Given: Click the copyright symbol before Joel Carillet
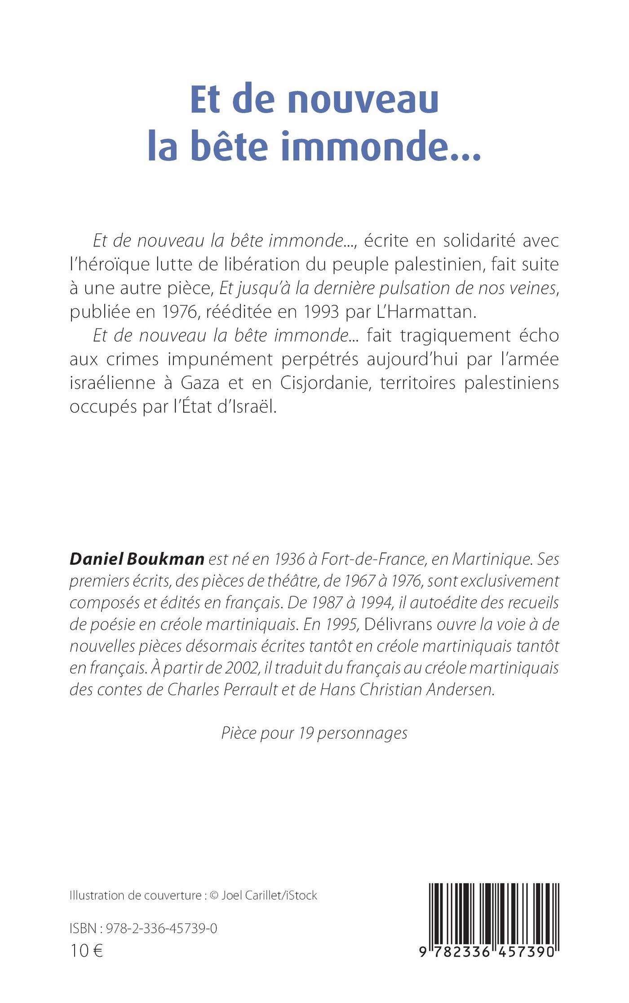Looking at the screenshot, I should tap(213, 896).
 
